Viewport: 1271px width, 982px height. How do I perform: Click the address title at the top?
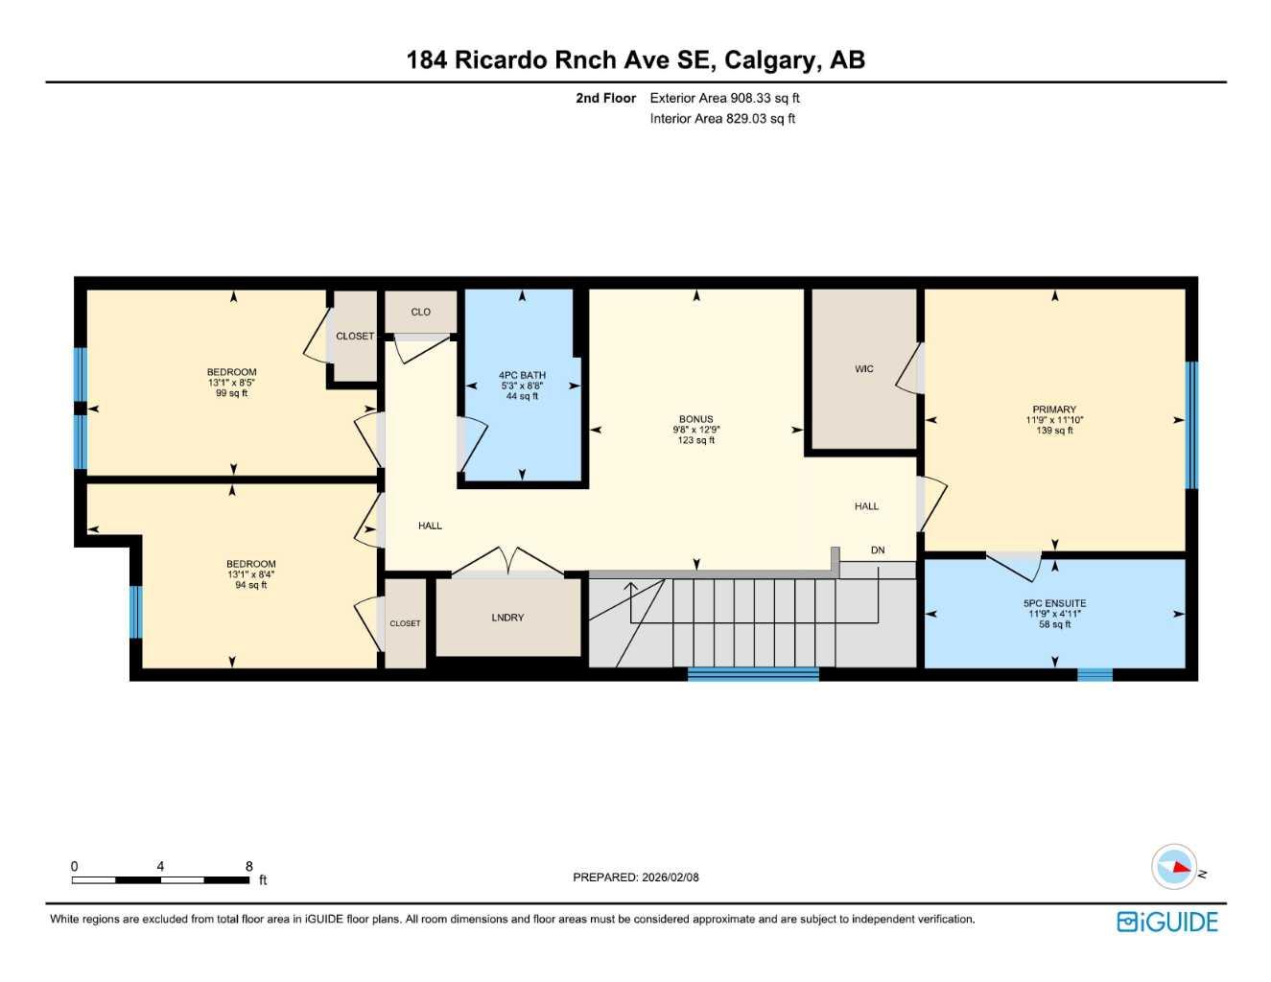pos(635,59)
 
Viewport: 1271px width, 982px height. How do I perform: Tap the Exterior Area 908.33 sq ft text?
pos(724,98)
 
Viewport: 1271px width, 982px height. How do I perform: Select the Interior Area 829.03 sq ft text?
pos(722,119)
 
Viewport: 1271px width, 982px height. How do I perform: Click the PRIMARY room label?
pos(1054,409)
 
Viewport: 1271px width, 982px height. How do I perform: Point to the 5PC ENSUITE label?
pos(1054,604)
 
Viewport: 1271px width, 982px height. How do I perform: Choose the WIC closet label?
pos(864,369)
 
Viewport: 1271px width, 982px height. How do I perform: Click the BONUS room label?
pos(695,419)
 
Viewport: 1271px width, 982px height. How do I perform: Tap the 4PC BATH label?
pos(522,375)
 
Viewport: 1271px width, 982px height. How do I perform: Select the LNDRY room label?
pos(507,618)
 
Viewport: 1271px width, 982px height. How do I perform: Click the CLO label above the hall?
pos(420,312)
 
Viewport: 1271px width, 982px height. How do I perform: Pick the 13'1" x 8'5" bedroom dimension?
pos(231,383)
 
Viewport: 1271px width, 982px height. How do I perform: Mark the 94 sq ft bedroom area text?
pos(250,585)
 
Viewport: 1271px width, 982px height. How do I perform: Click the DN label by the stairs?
pos(878,550)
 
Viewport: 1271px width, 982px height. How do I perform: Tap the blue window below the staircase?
pos(753,674)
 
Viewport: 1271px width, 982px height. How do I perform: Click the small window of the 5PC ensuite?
pos(1094,674)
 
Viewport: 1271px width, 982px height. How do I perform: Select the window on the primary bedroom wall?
pos(1191,425)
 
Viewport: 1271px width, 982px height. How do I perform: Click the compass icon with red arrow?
pos(1175,867)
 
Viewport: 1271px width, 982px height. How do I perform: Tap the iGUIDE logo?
pos(1167,922)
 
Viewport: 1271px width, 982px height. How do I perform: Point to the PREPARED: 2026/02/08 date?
pos(636,877)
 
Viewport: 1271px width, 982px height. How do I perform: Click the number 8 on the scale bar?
pos(249,866)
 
